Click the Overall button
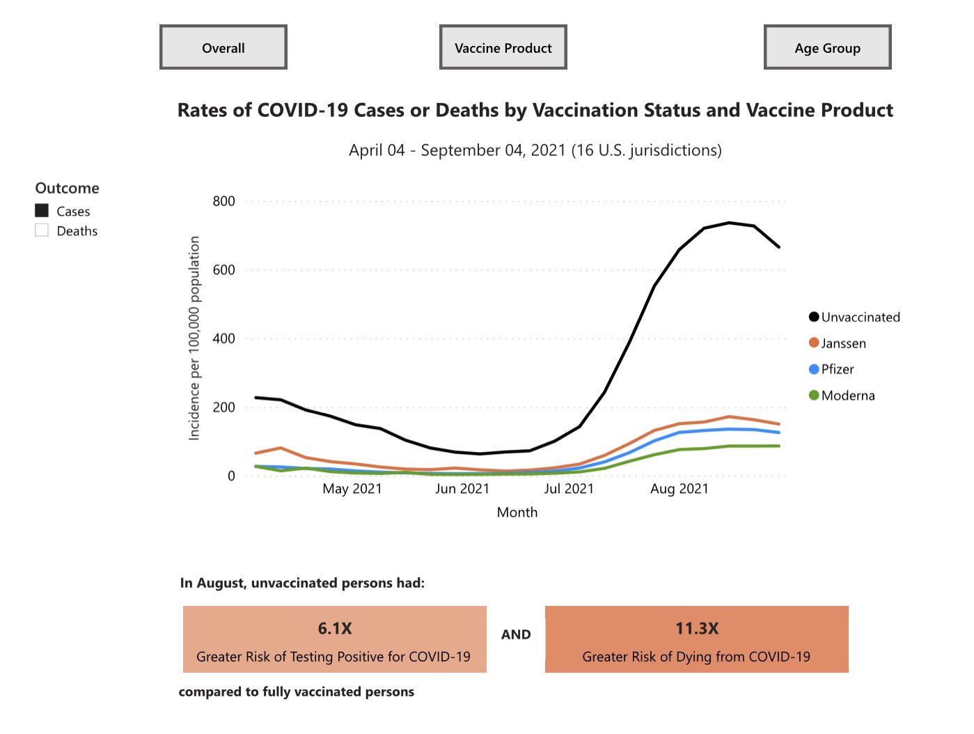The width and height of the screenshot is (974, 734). coord(223,48)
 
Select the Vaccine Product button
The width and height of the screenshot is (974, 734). coord(503,48)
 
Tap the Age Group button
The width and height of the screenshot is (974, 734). coord(827,48)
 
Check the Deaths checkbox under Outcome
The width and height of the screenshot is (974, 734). coord(42,231)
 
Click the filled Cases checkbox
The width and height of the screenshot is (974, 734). coord(42,210)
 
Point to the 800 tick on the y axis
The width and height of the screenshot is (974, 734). coord(224,201)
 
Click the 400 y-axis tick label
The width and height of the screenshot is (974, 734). coord(224,338)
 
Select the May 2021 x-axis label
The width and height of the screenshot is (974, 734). coord(352,489)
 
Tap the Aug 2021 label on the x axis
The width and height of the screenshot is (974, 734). coord(679,489)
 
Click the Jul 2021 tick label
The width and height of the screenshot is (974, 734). coord(569,489)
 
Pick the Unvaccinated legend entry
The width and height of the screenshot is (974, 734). coord(855,318)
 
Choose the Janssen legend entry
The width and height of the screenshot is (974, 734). coord(838,343)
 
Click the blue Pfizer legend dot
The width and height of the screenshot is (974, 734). coord(814,369)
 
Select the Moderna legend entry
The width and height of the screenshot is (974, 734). coord(842,396)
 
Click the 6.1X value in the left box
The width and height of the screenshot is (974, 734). coord(335,628)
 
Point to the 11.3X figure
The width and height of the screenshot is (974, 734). coord(696,628)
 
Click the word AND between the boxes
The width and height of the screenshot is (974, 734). coord(516,634)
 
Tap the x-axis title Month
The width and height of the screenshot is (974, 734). coord(517,513)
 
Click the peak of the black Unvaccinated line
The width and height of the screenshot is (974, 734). coord(729,223)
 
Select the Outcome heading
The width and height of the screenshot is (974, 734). coord(68,188)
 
